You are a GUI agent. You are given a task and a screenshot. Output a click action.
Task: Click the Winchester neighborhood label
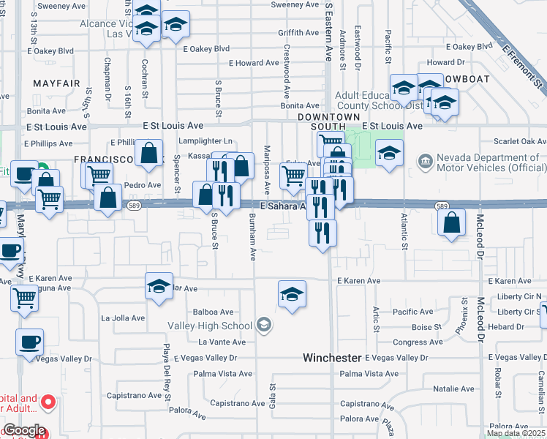tap(333, 358)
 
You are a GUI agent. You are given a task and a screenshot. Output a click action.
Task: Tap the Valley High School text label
tap(210, 326)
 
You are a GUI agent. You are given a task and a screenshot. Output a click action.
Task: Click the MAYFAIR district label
tap(56, 83)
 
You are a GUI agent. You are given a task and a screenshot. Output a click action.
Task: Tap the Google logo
tap(23, 430)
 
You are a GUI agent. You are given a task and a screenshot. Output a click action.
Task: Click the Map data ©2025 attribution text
tap(516, 433)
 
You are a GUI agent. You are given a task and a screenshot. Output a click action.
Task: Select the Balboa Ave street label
tap(213, 312)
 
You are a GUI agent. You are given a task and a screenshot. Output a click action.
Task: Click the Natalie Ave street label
tap(454, 390)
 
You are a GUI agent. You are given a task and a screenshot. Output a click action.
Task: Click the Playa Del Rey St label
tap(167, 372)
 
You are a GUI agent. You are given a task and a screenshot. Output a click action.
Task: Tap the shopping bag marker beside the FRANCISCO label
tap(149, 154)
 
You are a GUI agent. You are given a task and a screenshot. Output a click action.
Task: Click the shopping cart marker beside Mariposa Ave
tap(293, 175)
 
